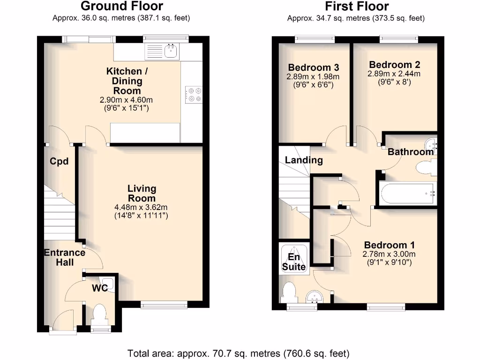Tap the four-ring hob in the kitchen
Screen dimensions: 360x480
click(x=193, y=94)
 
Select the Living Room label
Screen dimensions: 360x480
click(x=142, y=193)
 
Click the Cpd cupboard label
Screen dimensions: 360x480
click(x=60, y=162)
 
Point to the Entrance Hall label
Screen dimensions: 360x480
click(x=65, y=257)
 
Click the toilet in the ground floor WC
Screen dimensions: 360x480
click(x=99, y=314)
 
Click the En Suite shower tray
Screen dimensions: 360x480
click(x=294, y=257)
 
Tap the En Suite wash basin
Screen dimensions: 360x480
click(x=315, y=297)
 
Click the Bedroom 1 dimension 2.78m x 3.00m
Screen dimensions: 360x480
click(x=389, y=255)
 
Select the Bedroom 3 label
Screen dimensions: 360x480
click(x=314, y=67)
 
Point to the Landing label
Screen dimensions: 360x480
click(x=304, y=160)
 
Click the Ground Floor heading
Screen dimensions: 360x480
click(x=122, y=6)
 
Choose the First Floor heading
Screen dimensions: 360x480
click(x=357, y=6)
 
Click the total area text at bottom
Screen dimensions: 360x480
click(x=238, y=353)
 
